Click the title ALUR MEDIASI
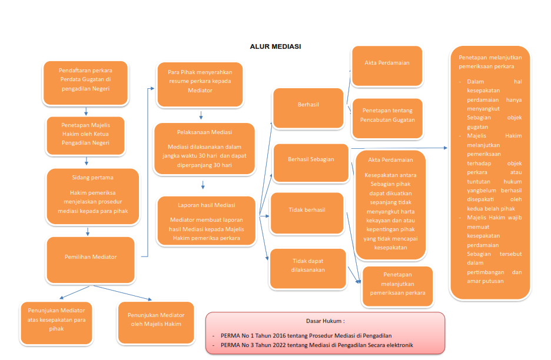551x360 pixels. point(275,46)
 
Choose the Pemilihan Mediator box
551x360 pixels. point(91,257)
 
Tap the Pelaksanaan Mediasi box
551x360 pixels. point(204,148)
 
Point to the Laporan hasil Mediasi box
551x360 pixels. point(206,221)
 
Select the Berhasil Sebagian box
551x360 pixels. point(311,159)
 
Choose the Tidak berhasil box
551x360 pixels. point(307,210)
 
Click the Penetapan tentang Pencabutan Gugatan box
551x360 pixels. point(387,115)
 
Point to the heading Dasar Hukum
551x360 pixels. point(325,321)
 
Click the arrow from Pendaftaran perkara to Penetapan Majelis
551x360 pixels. point(86,111)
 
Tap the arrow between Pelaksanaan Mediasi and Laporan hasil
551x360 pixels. point(203,185)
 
